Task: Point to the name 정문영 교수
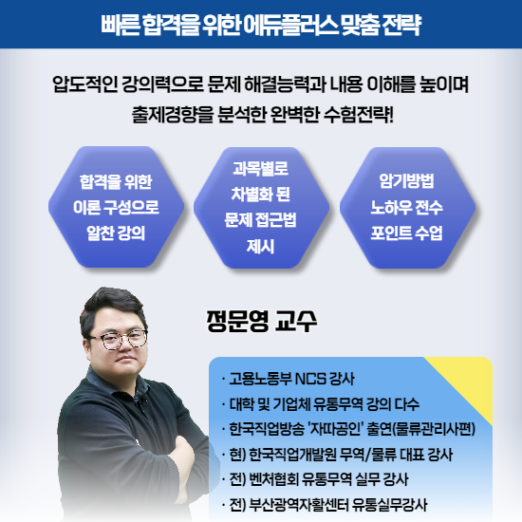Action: coord(260,319)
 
